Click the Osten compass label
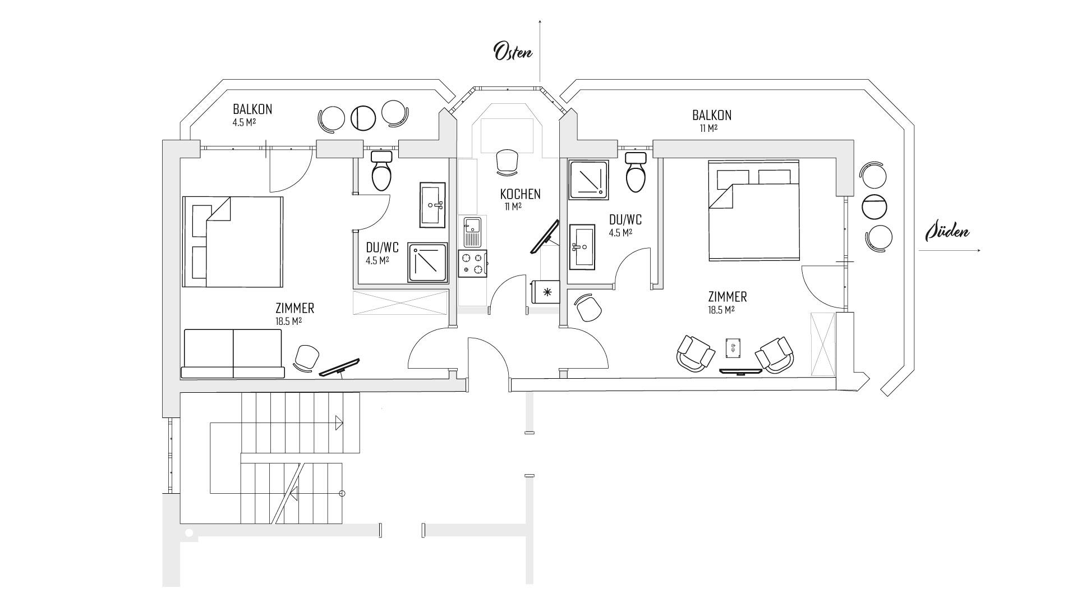pos(513,51)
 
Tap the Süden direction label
pos(947,231)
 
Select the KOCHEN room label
pos(521,194)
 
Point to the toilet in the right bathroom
pos(636,172)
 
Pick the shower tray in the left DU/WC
pos(427,262)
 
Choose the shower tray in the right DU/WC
pos(589,180)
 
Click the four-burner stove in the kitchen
pos(472,263)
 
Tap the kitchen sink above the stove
pos(472,232)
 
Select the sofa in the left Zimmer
pos(233,353)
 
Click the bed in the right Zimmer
pos(753,210)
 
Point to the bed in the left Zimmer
pos(233,242)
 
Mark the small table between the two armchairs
pos(733,348)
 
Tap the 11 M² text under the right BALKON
pos(708,128)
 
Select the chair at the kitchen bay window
pos(507,161)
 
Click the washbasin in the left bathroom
pos(432,205)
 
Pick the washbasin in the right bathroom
pos(582,247)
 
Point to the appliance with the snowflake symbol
pos(546,291)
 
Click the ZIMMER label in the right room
pos(727,297)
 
